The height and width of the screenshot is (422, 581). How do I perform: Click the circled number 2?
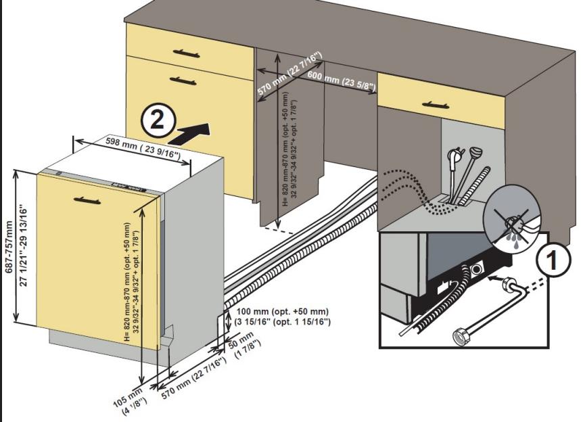(157, 121)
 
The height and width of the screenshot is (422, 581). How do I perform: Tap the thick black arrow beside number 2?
(191, 133)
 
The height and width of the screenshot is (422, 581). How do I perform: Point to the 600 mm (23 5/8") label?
(342, 80)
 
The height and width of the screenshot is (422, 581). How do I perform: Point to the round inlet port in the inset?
(478, 269)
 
